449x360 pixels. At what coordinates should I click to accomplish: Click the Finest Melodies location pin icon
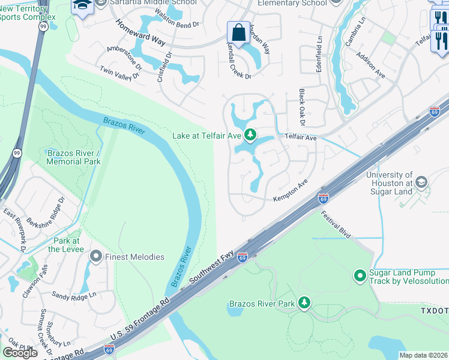[x=95, y=257]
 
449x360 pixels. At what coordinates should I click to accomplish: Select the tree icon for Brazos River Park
[x=304, y=303]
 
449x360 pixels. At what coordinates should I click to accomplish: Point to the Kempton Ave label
[x=291, y=190]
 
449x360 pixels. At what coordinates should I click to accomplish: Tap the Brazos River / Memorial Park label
[x=74, y=157]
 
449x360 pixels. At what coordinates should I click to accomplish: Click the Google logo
[x=20, y=352]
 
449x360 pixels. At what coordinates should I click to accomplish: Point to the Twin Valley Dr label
[x=119, y=72]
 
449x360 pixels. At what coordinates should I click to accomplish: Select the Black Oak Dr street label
[x=302, y=109]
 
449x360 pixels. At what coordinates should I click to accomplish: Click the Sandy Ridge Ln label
[x=74, y=295]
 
